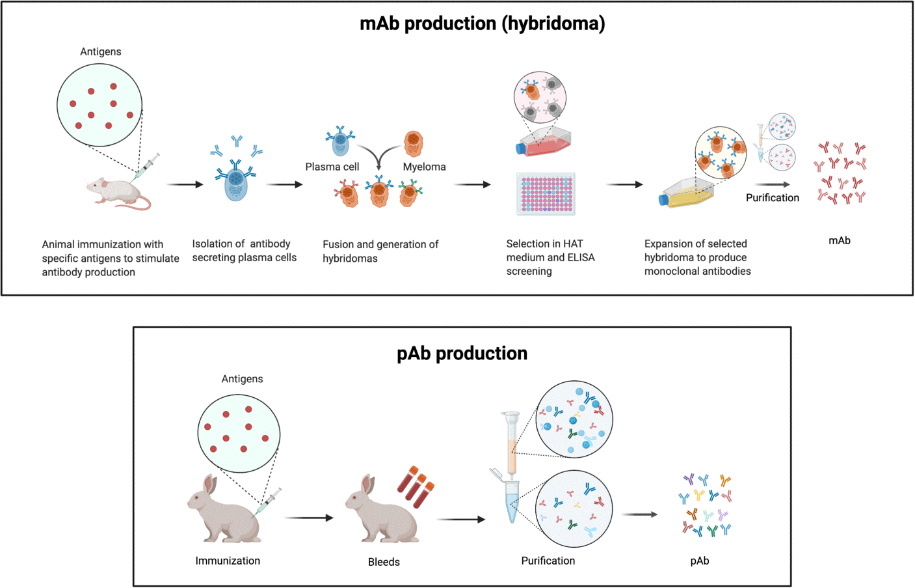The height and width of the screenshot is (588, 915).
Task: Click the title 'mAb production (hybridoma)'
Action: coord(482,23)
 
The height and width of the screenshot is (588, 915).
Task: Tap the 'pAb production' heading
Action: coord(462,354)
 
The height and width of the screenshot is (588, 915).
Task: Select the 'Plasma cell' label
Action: coord(332,167)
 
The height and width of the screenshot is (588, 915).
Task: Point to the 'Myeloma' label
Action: coord(425,167)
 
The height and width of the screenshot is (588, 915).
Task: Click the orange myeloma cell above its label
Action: coord(414,143)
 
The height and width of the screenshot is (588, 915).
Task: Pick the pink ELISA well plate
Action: coord(546,193)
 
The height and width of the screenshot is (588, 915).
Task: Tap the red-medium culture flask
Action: coord(544,141)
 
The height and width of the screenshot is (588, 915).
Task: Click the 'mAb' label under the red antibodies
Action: coord(840,241)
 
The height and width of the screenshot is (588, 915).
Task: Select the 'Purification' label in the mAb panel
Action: coord(773,198)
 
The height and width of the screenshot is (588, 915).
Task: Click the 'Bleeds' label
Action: coord(384,562)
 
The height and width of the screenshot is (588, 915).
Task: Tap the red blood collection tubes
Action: coord(416,486)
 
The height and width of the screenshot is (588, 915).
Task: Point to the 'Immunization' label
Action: coord(228,561)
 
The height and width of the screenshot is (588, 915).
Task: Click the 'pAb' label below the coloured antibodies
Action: coord(699,561)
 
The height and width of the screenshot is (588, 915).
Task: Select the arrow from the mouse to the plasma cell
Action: coord(185,184)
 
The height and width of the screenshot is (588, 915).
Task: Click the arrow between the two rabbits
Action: coord(309,518)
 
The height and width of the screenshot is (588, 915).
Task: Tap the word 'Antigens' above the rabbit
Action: coord(242,379)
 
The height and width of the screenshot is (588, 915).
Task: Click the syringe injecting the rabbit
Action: coord(268,502)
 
